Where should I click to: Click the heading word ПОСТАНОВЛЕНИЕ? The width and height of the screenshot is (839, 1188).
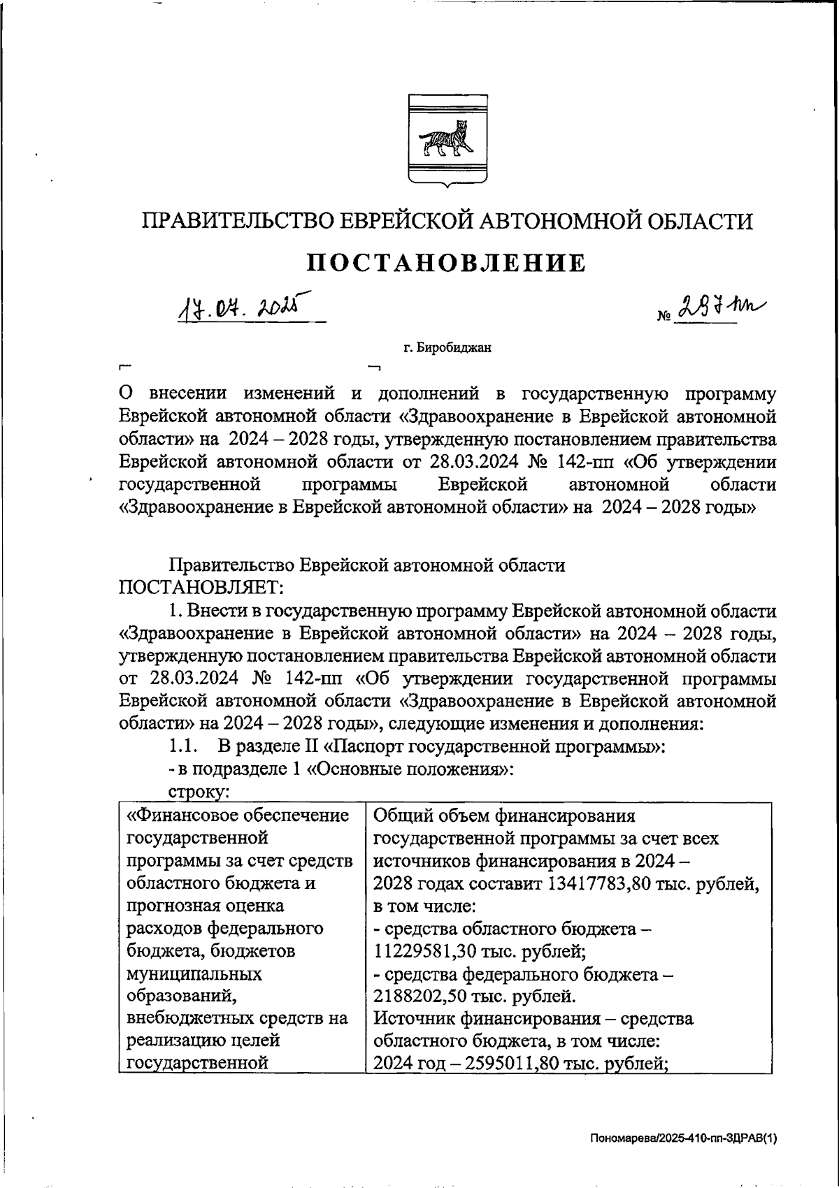pyautogui.click(x=447, y=263)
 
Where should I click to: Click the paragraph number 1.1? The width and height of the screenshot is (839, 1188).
pyautogui.click(x=185, y=746)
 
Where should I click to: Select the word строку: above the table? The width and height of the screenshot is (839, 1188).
pyautogui.click(x=201, y=792)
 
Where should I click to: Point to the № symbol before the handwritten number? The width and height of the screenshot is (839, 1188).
pyautogui.click(x=664, y=317)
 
